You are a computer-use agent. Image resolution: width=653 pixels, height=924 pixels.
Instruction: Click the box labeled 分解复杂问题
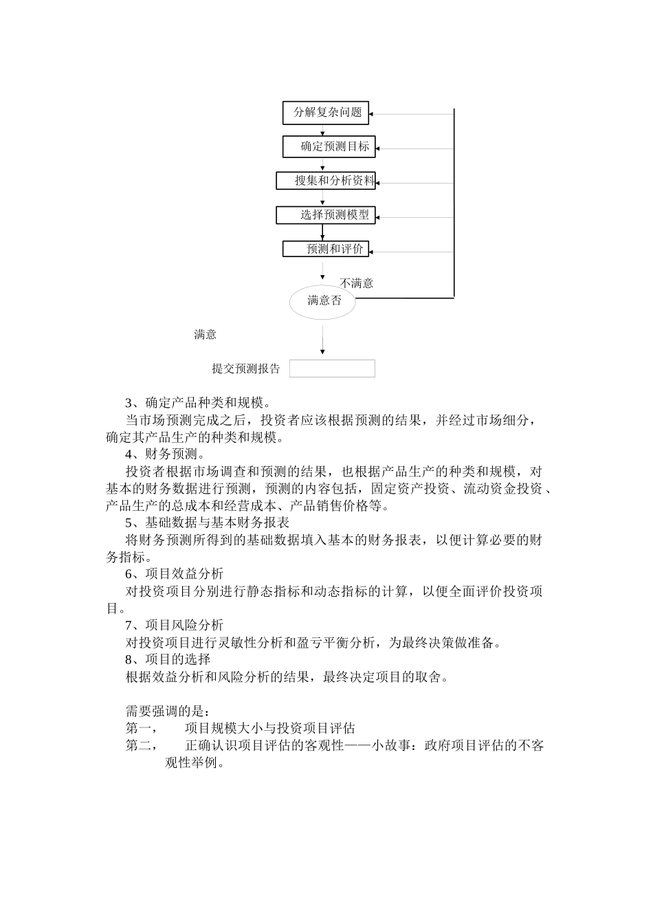[326, 113]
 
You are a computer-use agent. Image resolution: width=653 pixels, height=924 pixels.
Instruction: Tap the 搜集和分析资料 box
[326, 181]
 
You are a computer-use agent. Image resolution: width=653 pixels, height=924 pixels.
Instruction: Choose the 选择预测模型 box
[326, 215]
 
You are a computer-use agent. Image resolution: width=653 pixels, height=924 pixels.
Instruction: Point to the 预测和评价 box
[326, 249]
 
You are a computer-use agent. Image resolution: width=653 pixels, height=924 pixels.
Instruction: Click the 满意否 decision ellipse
[323, 300]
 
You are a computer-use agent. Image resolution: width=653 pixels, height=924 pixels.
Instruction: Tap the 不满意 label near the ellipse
[357, 283]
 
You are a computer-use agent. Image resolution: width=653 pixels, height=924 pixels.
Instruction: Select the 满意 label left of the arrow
[206, 335]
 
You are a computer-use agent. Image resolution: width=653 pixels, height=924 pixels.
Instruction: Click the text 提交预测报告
[246, 369]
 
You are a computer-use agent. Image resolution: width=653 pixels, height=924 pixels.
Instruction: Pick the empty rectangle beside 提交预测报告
[332, 368]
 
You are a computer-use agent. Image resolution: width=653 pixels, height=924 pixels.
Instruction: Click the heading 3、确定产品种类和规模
[198, 403]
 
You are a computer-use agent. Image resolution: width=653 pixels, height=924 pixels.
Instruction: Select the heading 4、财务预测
[164, 454]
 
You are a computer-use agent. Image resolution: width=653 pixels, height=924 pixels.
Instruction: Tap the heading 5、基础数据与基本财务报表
[207, 522]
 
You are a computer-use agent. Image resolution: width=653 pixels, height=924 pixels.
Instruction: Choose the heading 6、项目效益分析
[174, 574]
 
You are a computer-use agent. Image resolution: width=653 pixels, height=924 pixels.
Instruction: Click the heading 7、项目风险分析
[174, 625]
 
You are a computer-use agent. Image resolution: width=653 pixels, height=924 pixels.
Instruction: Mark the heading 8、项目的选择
[168, 659]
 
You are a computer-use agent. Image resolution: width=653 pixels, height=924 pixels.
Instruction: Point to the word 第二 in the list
[140, 745]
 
